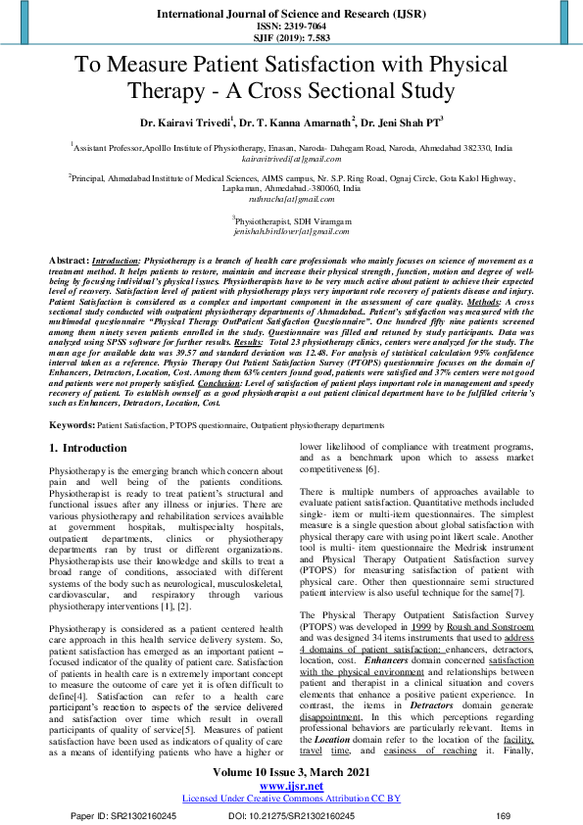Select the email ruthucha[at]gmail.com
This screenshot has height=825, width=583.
coord(291,198)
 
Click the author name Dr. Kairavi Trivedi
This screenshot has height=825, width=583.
coord(183,123)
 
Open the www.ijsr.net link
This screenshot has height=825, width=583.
coord(291,786)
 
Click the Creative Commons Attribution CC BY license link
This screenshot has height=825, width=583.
coord(291,798)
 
